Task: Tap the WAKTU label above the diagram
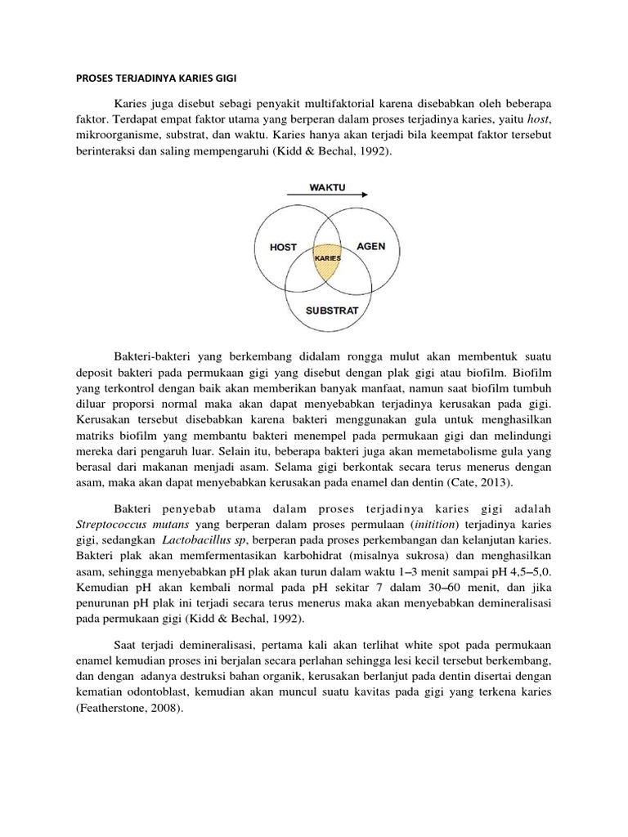coord(326,187)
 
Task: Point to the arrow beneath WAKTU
coord(327,196)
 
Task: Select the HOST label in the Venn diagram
coord(283,247)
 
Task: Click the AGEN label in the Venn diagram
coord(370,246)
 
